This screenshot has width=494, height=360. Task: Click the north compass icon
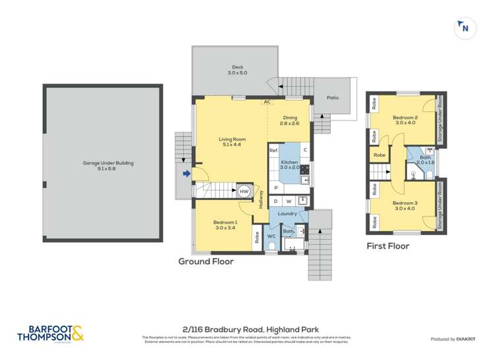click(x=465, y=28)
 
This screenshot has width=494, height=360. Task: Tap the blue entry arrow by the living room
click(x=186, y=174)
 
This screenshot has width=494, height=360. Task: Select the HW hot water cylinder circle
click(x=244, y=191)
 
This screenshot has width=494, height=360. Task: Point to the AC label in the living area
click(x=267, y=102)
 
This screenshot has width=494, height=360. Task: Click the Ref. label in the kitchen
click(x=274, y=151)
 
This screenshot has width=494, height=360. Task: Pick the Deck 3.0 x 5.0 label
click(x=236, y=70)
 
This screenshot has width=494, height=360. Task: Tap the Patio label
click(x=333, y=98)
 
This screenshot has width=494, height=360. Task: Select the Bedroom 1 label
click(x=225, y=225)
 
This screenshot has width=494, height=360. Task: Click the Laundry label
click(x=288, y=214)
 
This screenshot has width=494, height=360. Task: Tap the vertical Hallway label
click(x=261, y=199)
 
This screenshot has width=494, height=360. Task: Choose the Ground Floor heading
click(x=206, y=261)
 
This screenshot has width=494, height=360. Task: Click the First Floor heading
click(x=387, y=246)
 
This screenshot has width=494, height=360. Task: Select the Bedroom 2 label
click(x=406, y=119)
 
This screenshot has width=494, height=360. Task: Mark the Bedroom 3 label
click(x=405, y=206)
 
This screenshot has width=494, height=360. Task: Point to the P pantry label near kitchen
click(x=277, y=188)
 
